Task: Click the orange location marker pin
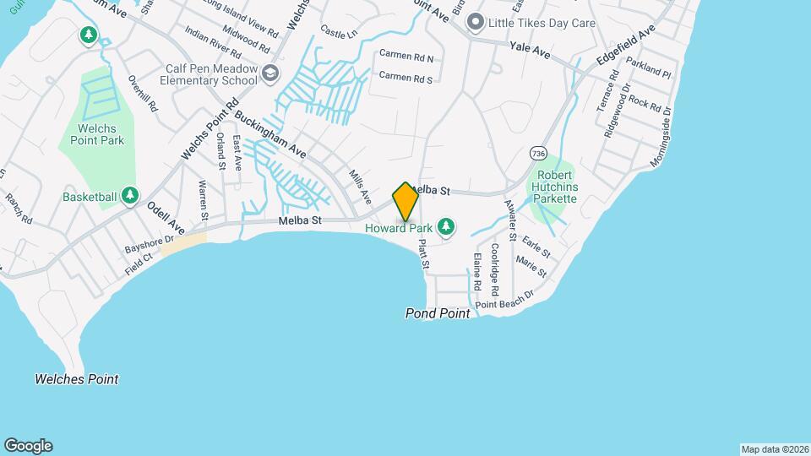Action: tap(405, 202)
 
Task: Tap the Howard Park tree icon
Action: tap(447, 226)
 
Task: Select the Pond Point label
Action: tap(438, 313)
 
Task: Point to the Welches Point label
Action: tap(77, 379)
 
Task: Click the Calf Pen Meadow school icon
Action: tap(269, 73)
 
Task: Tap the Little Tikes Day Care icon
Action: tap(476, 21)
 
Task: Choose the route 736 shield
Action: tap(538, 153)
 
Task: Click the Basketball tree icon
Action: tap(129, 196)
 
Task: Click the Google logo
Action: tap(28, 446)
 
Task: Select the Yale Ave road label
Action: tap(530, 52)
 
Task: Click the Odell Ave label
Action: tap(166, 217)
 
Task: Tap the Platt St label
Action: tap(424, 253)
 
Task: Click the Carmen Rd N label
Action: tap(405, 58)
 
